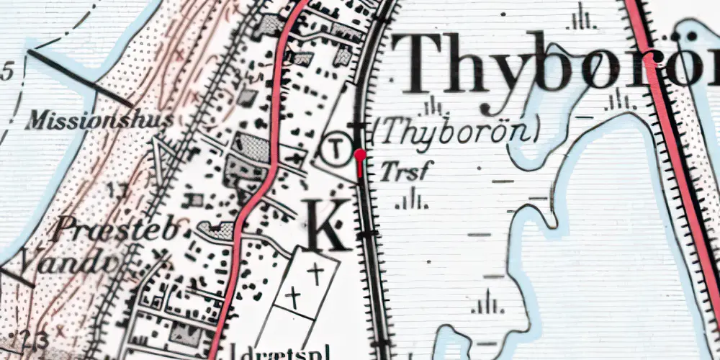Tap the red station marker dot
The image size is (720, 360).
tap(360, 154)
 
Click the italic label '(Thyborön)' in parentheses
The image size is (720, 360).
tap(457, 131)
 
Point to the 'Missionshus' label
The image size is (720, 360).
tap(99, 121)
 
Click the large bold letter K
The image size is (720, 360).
tap(328, 224)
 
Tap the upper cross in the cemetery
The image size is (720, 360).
tap(315, 271)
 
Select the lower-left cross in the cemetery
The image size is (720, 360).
tap(292, 295)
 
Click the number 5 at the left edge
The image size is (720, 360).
tap(7, 71)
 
